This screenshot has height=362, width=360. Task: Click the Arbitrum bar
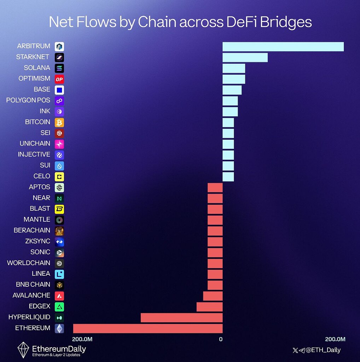point(283,46)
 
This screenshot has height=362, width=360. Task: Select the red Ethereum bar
point(148,328)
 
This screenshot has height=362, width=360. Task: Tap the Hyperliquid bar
point(181,317)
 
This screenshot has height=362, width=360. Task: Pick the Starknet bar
point(245,57)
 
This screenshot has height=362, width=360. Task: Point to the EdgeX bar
point(209,306)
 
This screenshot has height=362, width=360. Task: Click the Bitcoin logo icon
point(59,122)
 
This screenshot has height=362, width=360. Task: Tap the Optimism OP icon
point(59,79)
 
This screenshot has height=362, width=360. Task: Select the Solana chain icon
point(59,68)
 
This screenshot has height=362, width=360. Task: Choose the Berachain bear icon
point(59,230)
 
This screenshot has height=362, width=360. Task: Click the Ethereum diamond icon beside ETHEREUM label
point(59,328)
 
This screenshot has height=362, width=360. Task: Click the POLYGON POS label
point(28,100)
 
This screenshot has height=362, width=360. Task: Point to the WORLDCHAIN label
point(29,263)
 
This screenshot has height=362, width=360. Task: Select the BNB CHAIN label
point(33,285)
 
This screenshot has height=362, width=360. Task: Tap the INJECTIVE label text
point(34,154)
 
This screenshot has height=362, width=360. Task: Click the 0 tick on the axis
point(221,339)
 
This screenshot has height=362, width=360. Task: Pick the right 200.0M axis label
point(335,339)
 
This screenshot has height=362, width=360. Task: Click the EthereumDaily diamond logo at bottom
point(23,349)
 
